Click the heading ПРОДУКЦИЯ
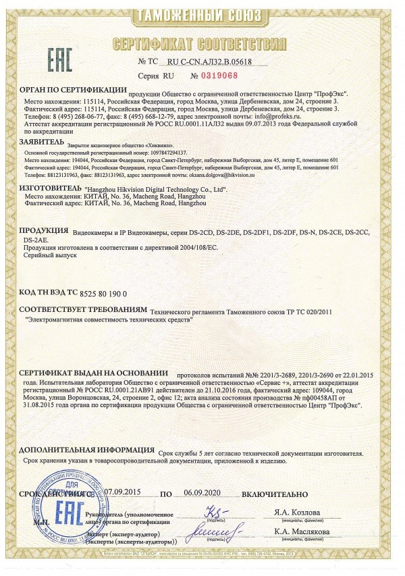tap(44, 230)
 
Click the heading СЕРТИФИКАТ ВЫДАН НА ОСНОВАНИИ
tap(93, 372)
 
